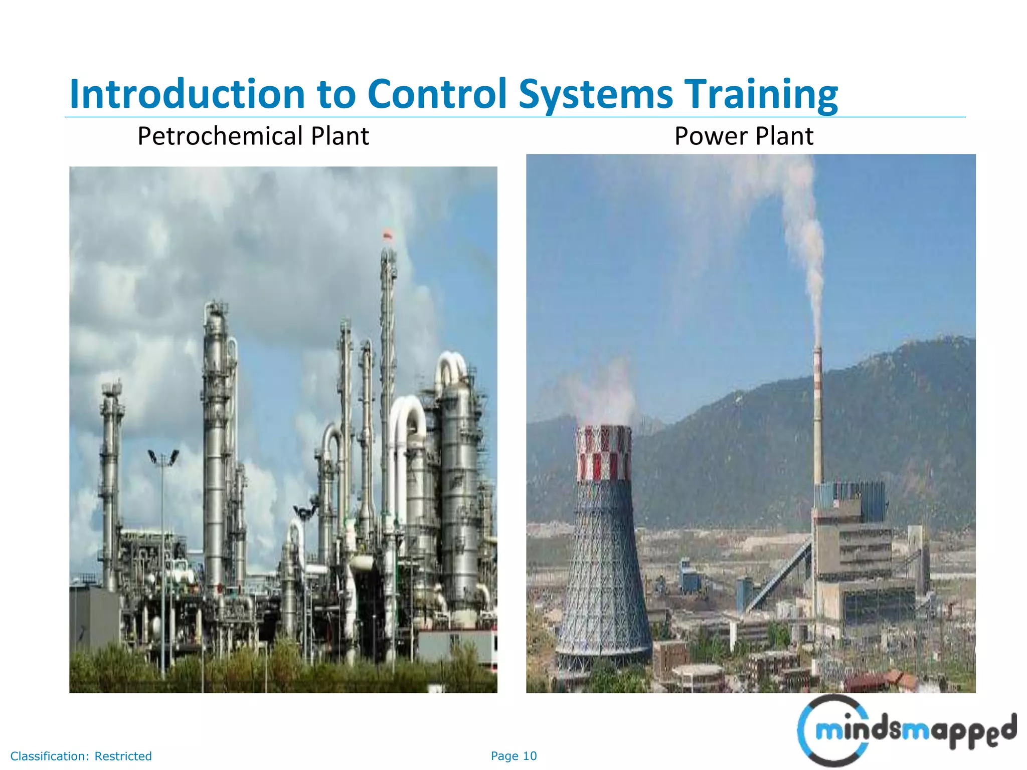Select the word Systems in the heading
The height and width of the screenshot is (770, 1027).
pos(595,94)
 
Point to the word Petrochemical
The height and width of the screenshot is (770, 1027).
pos(220,136)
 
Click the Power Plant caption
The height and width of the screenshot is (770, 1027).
pos(744,136)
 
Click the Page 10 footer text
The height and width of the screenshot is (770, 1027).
pos(513,756)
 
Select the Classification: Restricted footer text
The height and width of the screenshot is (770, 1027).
pos(81,756)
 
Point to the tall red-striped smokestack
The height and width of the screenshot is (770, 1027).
pos(817,416)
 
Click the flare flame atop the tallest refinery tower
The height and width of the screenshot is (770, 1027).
pos(387,235)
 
